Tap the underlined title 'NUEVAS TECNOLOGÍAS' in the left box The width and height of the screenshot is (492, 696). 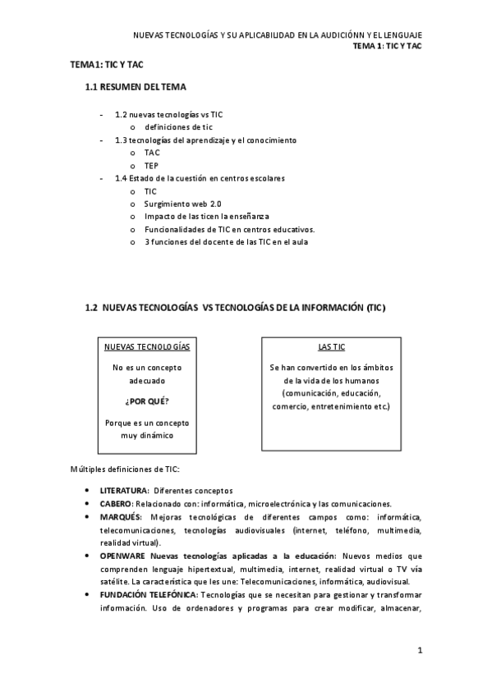click(147, 346)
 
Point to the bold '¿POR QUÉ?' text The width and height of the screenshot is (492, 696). click(147, 402)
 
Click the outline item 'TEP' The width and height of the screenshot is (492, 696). click(153, 165)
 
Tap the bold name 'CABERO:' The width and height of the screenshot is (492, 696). click(118, 504)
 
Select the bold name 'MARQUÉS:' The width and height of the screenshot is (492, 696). click(122, 517)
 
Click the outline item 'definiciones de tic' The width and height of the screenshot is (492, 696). click(178, 127)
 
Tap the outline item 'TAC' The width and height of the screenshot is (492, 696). click(153, 153)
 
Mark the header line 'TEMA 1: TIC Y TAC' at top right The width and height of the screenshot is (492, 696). click(387, 47)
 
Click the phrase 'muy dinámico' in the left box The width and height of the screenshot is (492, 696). click(147, 436)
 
